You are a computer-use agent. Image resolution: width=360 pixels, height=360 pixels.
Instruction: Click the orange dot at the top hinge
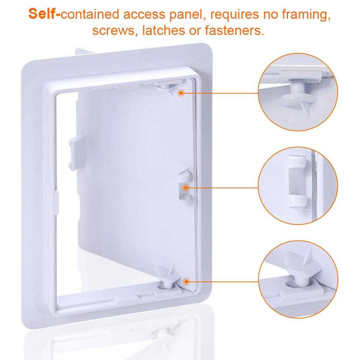[181, 93]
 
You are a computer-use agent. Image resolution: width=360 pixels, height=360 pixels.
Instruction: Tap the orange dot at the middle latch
[186, 188]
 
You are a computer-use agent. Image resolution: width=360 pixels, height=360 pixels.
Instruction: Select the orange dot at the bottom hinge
[186, 281]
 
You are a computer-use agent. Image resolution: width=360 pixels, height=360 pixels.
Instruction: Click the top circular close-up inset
[298, 92]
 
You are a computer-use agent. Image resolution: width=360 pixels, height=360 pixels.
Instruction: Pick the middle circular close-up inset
[298, 186]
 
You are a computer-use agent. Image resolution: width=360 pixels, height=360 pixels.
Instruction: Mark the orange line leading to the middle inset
[223, 188]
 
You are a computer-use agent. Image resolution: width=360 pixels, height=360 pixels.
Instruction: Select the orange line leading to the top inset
[220, 93]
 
